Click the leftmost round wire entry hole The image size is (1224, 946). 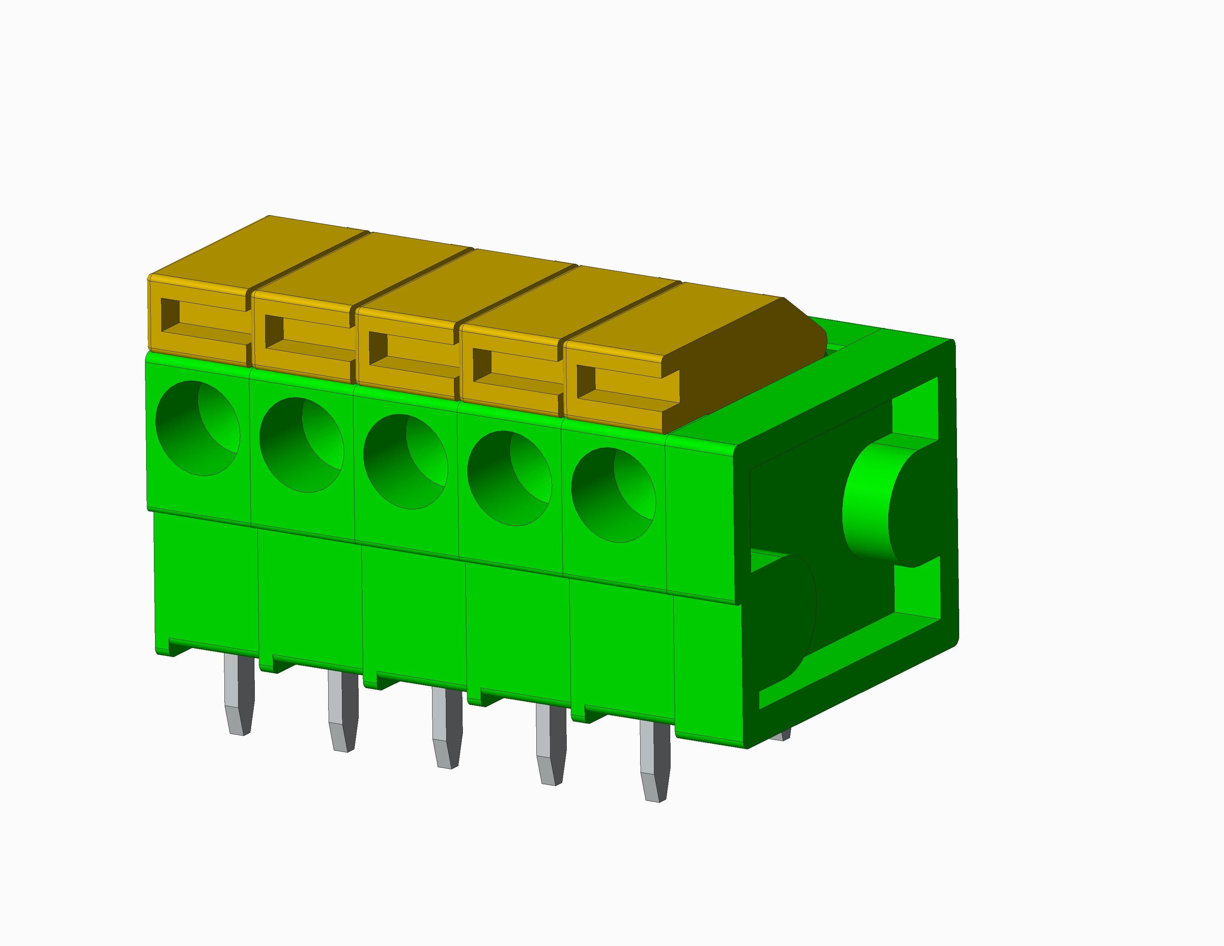tap(197, 428)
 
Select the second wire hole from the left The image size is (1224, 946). tap(302, 445)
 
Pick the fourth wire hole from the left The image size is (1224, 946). tap(509, 478)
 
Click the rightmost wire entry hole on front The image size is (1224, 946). tap(613, 495)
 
